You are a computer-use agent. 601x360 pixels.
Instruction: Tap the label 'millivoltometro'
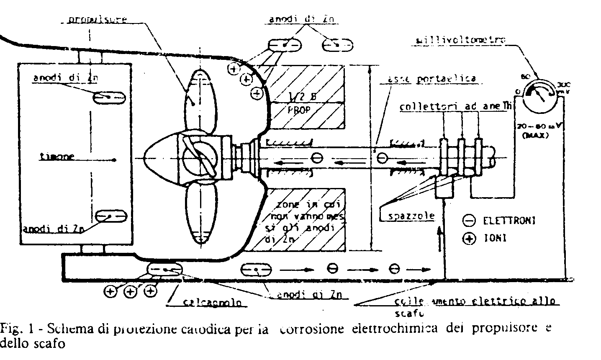[461, 41]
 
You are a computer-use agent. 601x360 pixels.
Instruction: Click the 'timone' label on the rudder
[57, 157]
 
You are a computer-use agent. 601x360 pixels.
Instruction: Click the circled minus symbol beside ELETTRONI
[470, 220]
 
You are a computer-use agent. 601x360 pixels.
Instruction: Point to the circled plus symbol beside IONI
[470, 239]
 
